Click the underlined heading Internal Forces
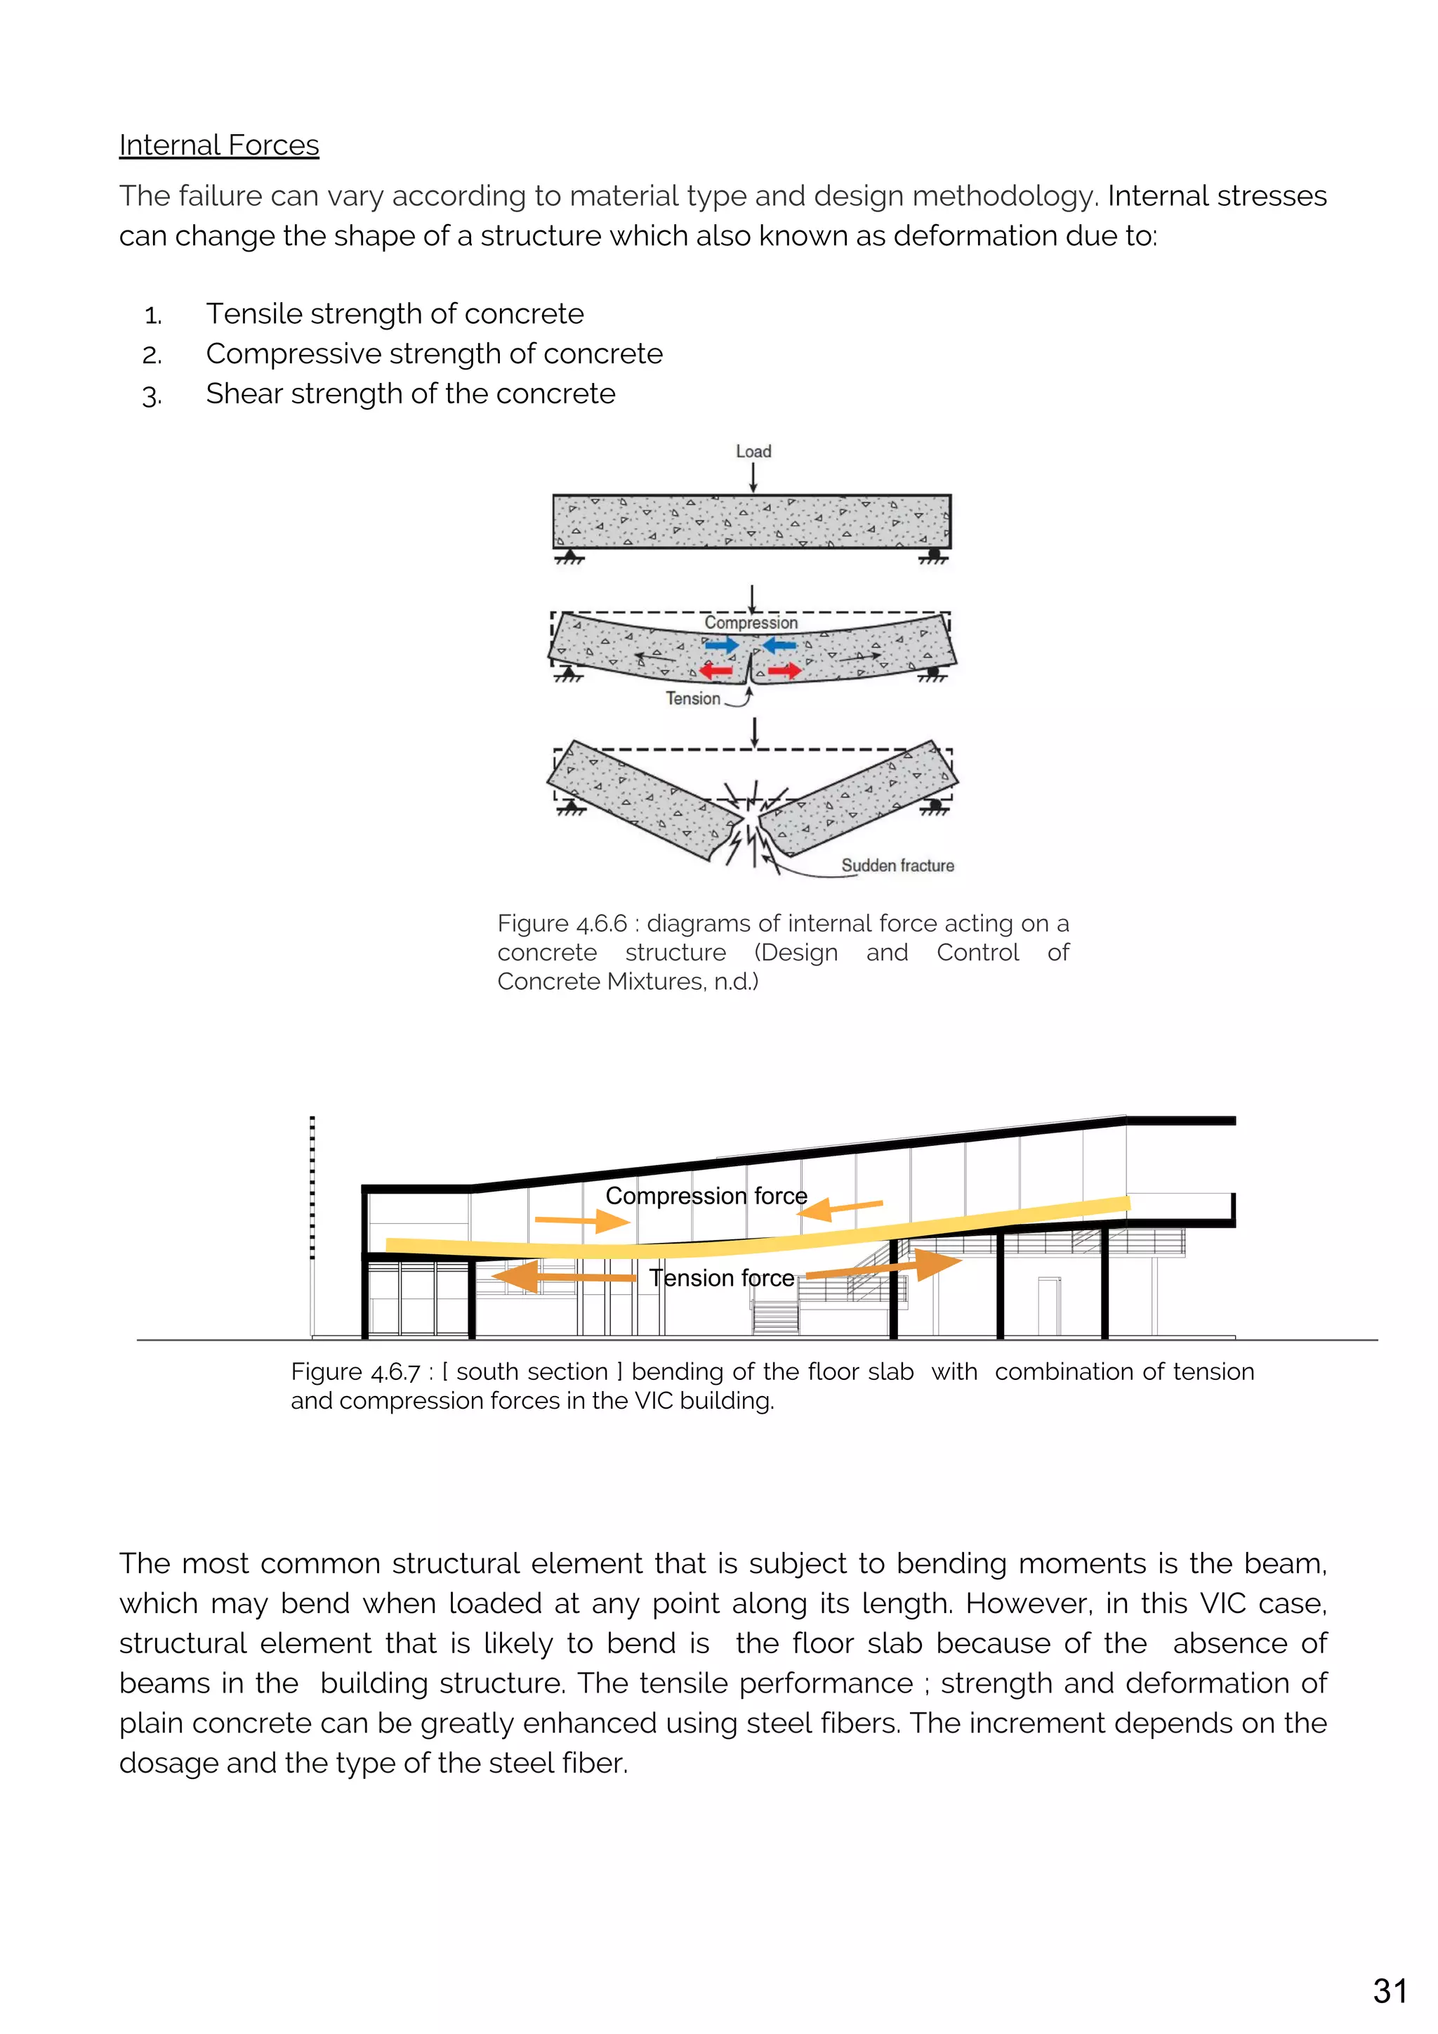coord(218,145)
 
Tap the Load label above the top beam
coord(753,451)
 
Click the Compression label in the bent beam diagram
coord(751,622)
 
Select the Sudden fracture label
coord(897,866)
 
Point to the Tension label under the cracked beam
coord(693,699)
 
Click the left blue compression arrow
coord(722,645)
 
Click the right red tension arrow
coord(784,670)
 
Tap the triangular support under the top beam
coord(569,556)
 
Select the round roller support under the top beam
coord(934,554)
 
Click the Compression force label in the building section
coord(706,1196)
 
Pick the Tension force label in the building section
coord(722,1278)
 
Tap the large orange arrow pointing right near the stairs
coord(885,1267)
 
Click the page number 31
coord(1390,1991)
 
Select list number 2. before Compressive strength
coord(152,356)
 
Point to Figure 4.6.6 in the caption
coord(562,924)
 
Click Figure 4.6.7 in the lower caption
coord(355,1372)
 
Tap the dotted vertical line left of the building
coord(312,1187)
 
